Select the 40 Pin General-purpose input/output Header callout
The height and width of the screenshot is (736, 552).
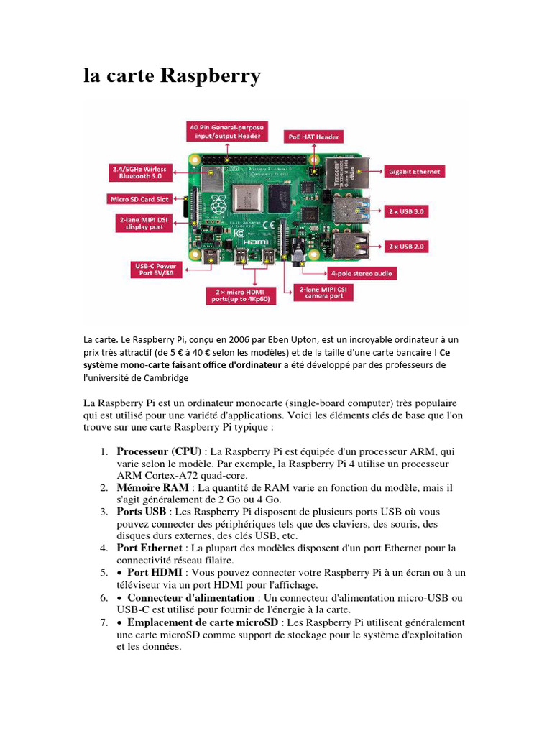click(x=228, y=131)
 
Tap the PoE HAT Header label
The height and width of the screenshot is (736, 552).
click(x=313, y=136)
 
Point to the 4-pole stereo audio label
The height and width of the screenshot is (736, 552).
click(x=362, y=273)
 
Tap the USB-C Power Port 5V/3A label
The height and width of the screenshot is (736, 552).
click(x=156, y=270)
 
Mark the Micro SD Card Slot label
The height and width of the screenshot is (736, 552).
click(x=139, y=198)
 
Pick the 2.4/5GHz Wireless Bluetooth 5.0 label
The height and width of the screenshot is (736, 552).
click(x=139, y=172)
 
